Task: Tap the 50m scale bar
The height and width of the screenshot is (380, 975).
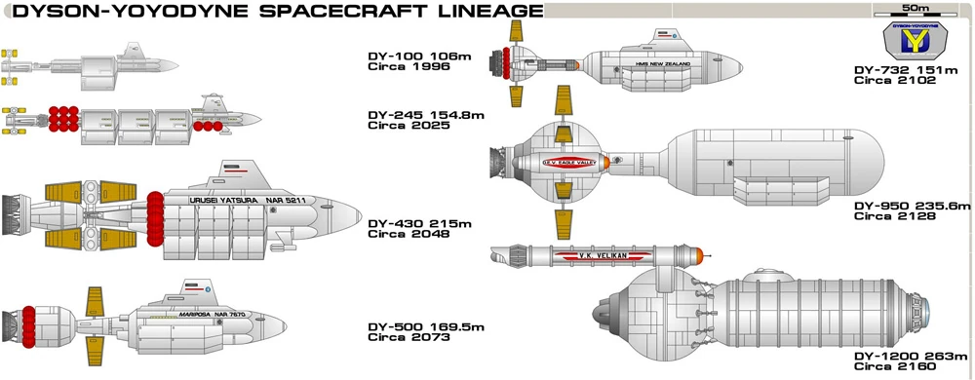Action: [913, 12]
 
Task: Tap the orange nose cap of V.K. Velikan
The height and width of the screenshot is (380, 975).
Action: [695, 256]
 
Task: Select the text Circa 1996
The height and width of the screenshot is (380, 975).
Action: [401, 68]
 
